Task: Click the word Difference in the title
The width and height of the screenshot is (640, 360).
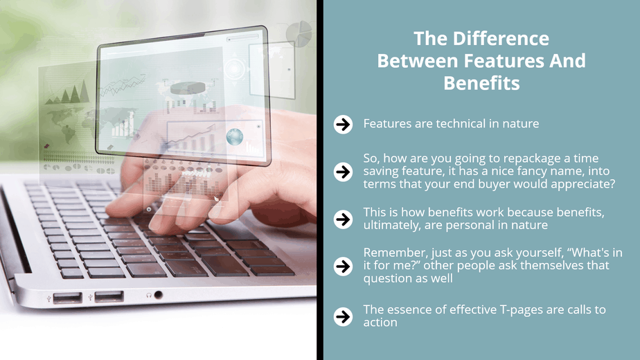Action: pyautogui.click(x=501, y=39)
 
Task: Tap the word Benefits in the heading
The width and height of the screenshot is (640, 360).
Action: pyautogui.click(x=481, y=83)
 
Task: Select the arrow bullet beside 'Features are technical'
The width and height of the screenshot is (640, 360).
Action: pyautogui.click(x=343, y=124)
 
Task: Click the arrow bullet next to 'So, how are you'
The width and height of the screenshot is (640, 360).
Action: pyautogui.click(x=343, y=172)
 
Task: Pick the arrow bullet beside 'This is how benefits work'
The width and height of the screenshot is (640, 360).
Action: pyautogui.click(x=343, y=219)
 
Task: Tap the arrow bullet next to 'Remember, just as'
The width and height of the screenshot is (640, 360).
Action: pyautogui.click(x=343, y=266)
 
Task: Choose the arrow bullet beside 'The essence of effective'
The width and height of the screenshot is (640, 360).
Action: pyautogui.click(x=343, y=317)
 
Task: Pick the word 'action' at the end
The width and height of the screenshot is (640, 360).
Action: pyautogui.click(x=380, y=323)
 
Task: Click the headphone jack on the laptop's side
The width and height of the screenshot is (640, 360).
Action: pyautogui.click(x=159, y=295)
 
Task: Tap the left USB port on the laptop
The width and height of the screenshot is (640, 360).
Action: pyautogui.click(x=67, y=298)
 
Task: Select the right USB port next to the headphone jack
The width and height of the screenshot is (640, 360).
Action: pyautogui.click(x=109, y=296)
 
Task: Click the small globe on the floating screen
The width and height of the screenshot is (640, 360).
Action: pyautogui.click(x=235, y=137)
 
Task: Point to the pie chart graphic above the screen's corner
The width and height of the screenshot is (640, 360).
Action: pyautogui.click(x=299, y=33)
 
